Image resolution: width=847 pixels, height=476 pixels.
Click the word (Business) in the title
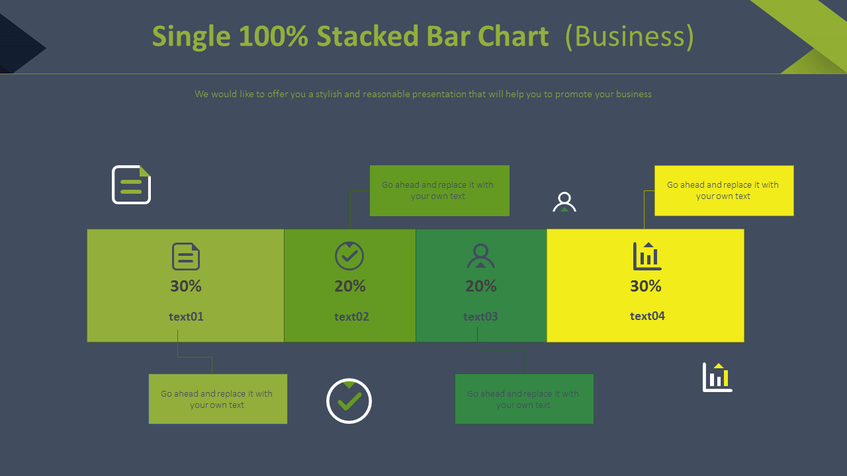click(x=629, y=36)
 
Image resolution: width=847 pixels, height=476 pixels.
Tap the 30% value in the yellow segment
click(x=646, y=286)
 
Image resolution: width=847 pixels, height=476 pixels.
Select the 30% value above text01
click(x=186, y=286)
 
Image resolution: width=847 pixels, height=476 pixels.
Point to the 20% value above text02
click(x=350, y=286)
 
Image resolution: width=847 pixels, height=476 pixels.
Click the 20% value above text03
click(x=481, y=286)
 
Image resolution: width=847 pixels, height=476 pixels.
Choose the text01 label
click(x=186, y=317)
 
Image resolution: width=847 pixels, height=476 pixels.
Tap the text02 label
click(x=351, y=317)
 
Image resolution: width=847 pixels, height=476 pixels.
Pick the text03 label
click(x=480, y=317)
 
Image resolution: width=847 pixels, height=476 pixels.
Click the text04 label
click(x=647, y=316)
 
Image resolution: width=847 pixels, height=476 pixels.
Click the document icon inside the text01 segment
click(x=186, y=257)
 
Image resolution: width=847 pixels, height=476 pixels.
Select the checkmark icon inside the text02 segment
click(x=349, y=256)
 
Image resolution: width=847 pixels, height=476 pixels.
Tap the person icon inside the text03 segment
click(x=480, y=256)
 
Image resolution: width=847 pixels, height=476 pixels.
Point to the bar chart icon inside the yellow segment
click(x=647, y=256)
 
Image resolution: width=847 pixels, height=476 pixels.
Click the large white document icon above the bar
click(x=131, y=184)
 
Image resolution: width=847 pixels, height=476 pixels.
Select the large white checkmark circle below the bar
click(x=349, y=401)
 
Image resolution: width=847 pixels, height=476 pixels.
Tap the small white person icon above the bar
click(x=564, y=202)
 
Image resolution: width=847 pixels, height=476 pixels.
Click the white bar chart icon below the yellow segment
click(x=717, y=377)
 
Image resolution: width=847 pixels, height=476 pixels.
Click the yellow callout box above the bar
click(x=724, y=190)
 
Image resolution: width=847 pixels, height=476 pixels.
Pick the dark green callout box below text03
click(x=524, y=399)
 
